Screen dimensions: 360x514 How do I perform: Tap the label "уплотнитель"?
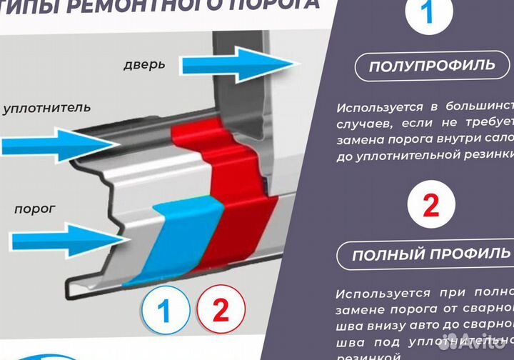pyautogui.click(x=46, y=109)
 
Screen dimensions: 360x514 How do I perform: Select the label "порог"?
pyautogui.click(x=35, y=210)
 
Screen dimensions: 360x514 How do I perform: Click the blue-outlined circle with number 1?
pyautogui.click(x=164, y=311)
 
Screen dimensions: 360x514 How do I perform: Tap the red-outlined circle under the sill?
pyautogui.click(x=221, y=311)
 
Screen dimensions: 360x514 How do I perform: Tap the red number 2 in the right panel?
pyautogui.click(x=432, y=205)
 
